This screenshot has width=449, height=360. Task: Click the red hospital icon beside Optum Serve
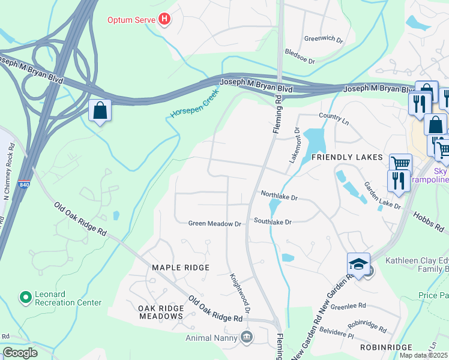(164, 20)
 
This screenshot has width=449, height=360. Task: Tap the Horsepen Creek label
(193, 104)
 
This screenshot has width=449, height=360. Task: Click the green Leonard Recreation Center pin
(25, 297)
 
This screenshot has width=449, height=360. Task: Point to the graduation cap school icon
(358, 264)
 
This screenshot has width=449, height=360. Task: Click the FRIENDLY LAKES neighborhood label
(347, 157)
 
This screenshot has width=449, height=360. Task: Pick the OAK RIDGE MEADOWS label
(160, 312)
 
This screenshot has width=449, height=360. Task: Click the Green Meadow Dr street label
(214, 223)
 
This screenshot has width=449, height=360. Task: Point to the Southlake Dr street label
(272, 222)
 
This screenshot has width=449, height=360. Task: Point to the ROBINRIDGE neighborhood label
(387, 347)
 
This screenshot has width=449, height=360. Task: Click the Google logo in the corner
(20, 353)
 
